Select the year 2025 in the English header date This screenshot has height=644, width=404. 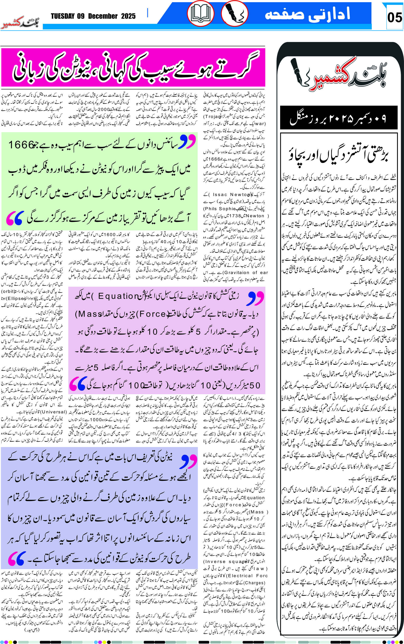point(128,16)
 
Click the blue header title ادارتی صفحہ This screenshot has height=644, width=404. point(307,14)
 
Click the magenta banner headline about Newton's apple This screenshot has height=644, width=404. point(133,67)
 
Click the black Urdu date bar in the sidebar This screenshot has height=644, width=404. point(339,118)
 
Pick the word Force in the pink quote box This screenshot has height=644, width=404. point(153,314)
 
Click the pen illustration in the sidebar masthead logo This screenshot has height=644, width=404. point(301,72)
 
